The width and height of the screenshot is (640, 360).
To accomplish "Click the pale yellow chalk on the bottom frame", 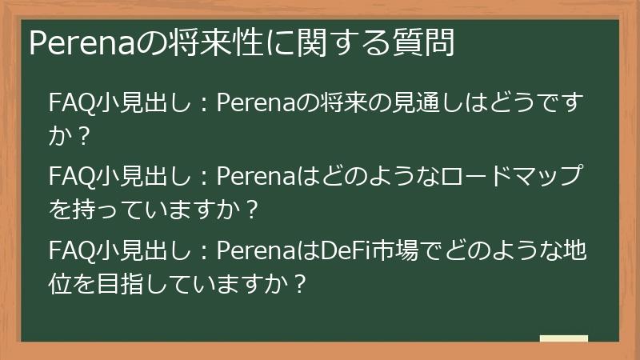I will [563, 338].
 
